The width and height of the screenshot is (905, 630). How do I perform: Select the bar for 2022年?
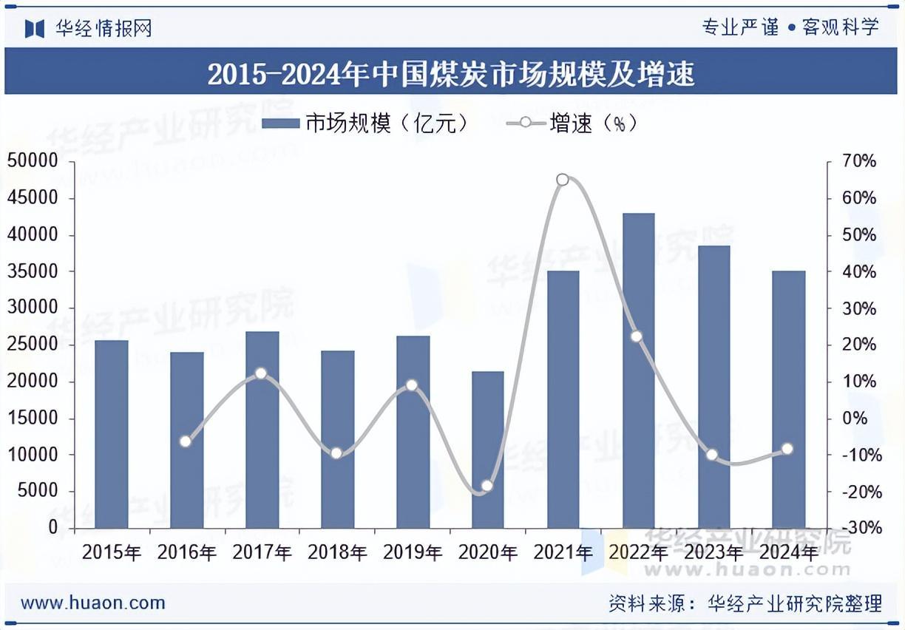pos(638,370)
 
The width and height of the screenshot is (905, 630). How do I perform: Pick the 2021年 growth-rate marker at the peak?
pos(563,180)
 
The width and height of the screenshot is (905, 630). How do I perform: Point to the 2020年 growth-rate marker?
pos(487,486)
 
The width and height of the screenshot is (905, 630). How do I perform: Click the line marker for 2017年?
pos(260,373)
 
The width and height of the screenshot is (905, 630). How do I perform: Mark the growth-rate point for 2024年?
pos(787,449)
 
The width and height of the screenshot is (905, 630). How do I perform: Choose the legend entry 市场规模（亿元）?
pos(365,123)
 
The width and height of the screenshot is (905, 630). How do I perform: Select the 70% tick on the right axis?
pos(858,161)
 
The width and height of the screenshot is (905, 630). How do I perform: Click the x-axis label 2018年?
pos(337,552)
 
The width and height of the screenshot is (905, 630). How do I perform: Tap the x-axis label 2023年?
pos(714,552)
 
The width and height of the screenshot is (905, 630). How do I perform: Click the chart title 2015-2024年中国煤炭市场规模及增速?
pos(451,73)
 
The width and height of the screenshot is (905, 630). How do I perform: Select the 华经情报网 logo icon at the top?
pos(35,28)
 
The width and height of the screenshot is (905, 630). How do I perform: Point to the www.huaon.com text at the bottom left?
pos(93,603)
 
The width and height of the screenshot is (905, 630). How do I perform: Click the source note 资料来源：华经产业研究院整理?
pos(745,603)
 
